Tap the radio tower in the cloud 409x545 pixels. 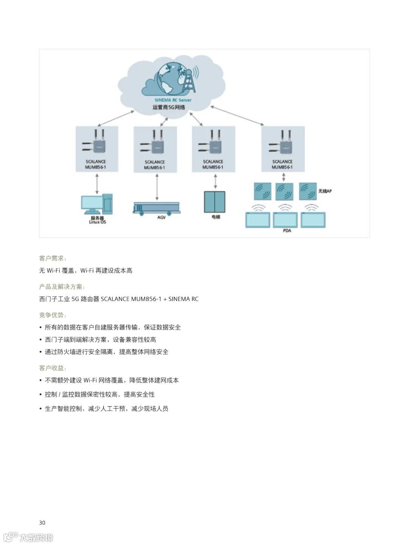click(189, 81)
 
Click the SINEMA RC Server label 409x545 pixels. click(173, 100)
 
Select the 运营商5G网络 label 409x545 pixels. click(169, 107)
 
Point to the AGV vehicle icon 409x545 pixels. click(156, 208)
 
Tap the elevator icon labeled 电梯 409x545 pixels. click(215, 202)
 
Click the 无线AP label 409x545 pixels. click(325, 191)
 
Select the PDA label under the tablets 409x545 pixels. click(287, 231)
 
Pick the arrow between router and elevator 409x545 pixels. click(215, 181)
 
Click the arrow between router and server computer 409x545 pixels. click(97, 184)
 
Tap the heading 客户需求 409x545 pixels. click(53, 258)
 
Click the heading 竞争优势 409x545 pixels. click(53, 315)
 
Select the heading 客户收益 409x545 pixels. click(53, 368)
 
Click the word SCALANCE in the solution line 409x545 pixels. click(115, 299)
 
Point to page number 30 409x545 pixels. click(42, 523)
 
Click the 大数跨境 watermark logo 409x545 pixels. click(28, 537)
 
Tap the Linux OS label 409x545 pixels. click(97, 222)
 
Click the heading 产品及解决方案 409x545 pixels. click(62, 287)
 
